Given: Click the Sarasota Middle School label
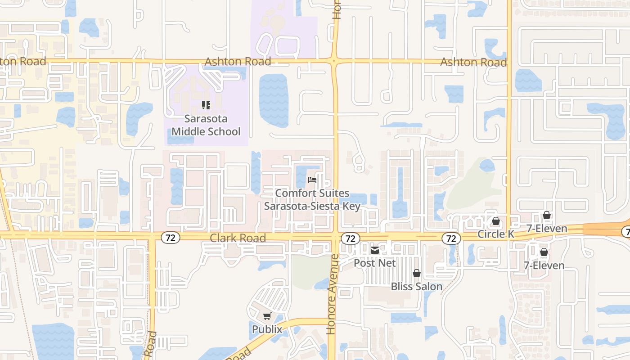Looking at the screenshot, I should pos(206,125).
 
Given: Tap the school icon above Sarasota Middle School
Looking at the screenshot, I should pos(206,105).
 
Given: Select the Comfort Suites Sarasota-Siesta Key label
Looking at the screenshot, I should pos(312,199).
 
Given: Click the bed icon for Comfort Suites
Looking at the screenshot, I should pos(312,180).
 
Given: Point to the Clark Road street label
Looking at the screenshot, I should pos(238,238).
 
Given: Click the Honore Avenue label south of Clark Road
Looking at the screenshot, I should pos(332,294).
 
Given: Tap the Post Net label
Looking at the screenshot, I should pos(374,262).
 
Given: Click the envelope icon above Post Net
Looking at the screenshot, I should pos(374,250).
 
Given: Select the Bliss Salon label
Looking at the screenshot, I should pos(417,286).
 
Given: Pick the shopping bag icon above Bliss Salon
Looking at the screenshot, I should pos(417,273).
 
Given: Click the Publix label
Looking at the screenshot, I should pos(267,329).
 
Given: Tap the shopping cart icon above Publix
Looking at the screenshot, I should pos(267,316).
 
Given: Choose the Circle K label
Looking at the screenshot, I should pos(495,234).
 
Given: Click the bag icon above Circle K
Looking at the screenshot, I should pos(495,221).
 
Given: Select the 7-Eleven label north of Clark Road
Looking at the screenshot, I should pos(547,229).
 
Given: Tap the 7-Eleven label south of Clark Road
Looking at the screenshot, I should pos(544,265).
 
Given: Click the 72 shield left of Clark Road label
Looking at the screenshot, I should pos(171,238).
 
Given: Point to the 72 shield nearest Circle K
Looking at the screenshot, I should pos(451,238).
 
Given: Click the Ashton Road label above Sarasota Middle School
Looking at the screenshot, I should pos(238,61).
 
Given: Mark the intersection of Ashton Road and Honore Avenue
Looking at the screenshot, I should pos(334,61).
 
